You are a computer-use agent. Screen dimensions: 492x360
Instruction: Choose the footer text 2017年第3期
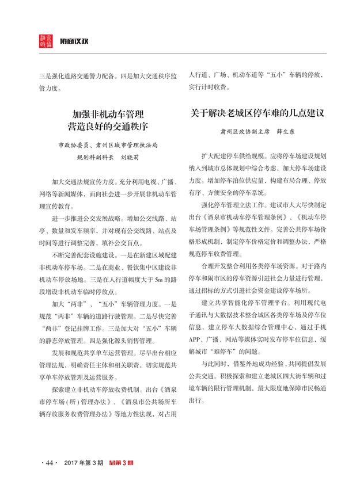tap(84, 463)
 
